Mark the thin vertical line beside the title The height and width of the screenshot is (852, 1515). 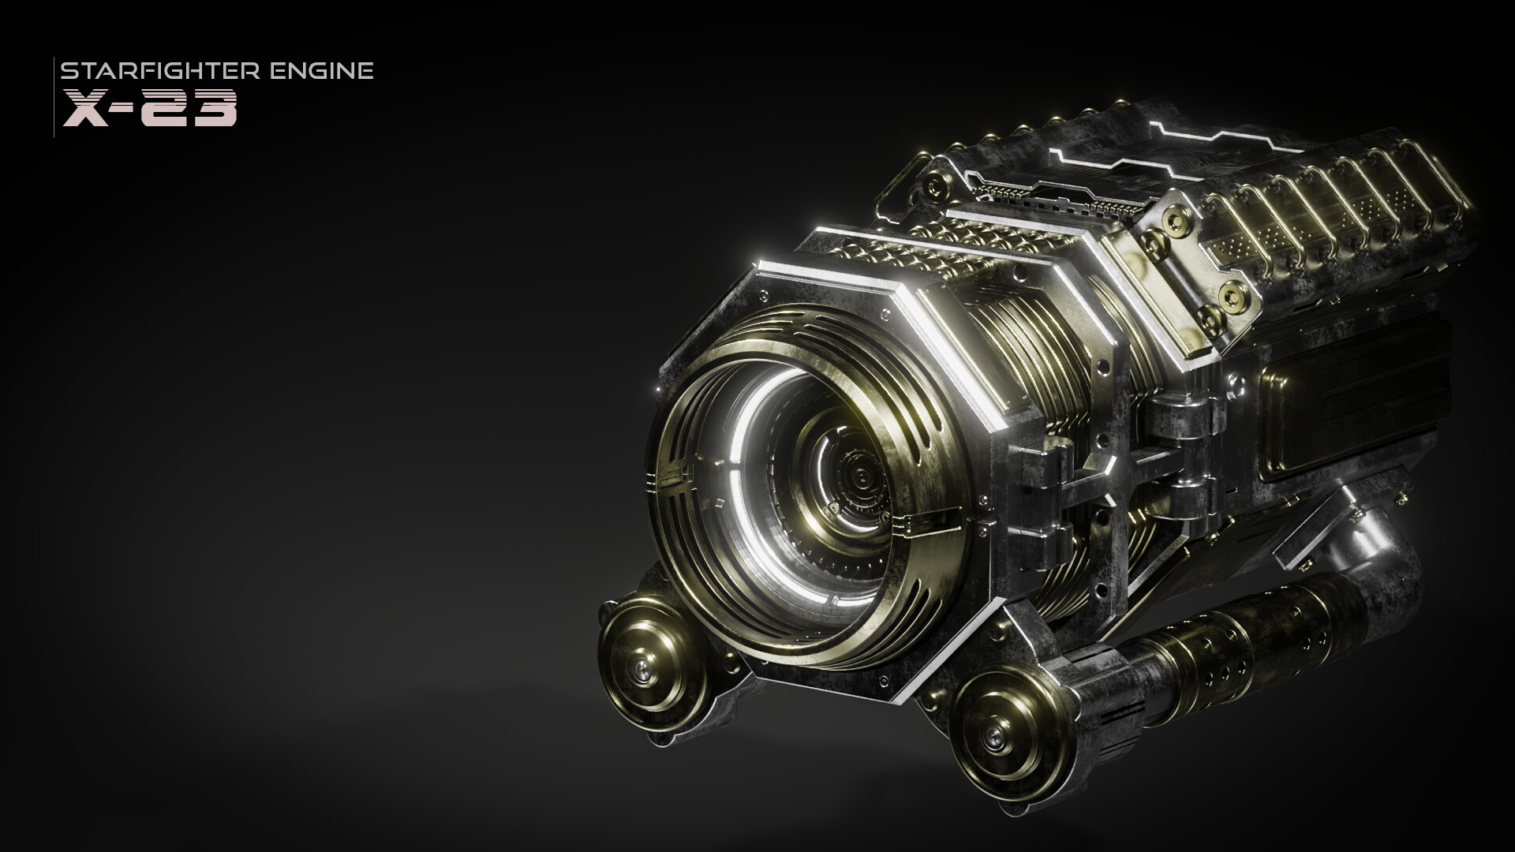coord(54,96)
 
